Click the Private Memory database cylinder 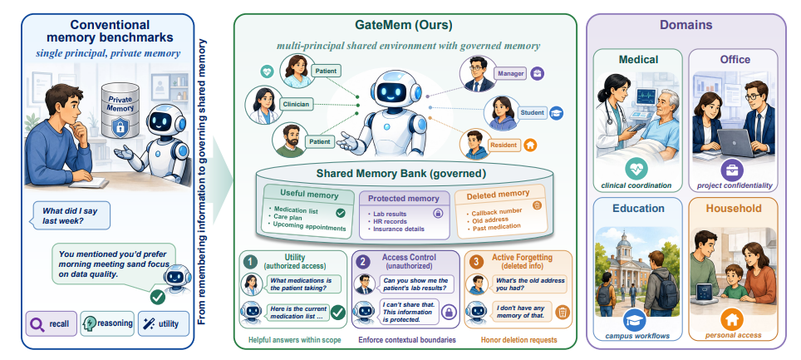tap(120, 111)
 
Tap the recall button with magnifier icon tap(51, 323)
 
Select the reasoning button tap(107, 323)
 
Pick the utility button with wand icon tap(163, 323)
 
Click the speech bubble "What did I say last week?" tap(71, 215)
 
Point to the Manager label tap(510, 74)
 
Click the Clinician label tap(296, 104)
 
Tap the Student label tap(533, 112)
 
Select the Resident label tap(504, 145)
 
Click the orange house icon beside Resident tap(530, 145)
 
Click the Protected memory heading tap(404, 199)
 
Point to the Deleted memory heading tap(498, 195)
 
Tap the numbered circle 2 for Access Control tap(363, 262)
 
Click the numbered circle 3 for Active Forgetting tap(476, 262)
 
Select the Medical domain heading tap(638, 60)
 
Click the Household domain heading tap(734, 209)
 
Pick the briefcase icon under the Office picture tap(732, 170)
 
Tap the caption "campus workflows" tap(636, 336)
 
